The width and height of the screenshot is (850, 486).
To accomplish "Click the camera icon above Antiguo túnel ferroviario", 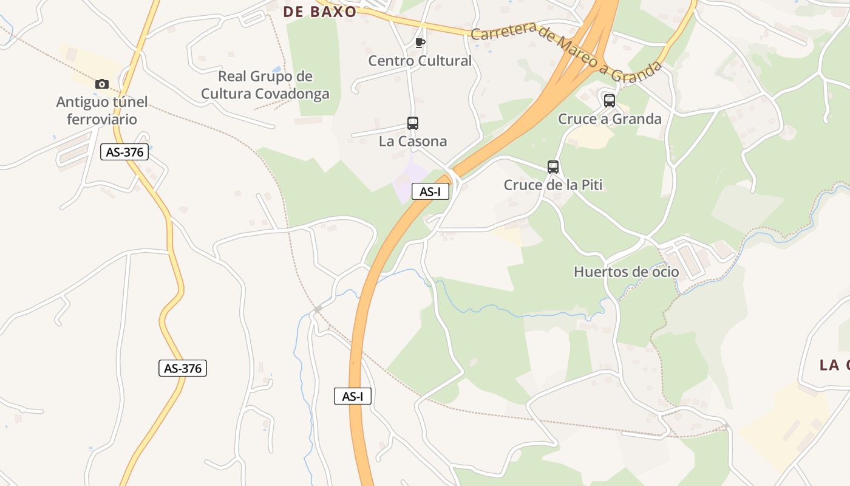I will pos(102,84).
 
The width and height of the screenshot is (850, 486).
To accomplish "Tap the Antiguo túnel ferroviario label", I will pos(102,111).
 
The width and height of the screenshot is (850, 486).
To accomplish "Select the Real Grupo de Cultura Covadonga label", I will pos(265,85).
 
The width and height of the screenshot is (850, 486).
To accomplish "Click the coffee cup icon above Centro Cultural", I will pos(420,43).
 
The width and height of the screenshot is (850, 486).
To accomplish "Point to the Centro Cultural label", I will pos(420,61).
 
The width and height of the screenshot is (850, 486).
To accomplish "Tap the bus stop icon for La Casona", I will pos(413,123).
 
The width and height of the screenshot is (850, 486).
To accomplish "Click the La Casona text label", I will pos(413,142).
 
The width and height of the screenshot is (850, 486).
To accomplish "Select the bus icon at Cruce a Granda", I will pos(610,101).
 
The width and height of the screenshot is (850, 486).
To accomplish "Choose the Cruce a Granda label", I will pos(610,118).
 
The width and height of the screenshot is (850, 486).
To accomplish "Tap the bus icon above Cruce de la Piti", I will pos(553,167).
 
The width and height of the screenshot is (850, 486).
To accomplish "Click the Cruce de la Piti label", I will pos(553,185).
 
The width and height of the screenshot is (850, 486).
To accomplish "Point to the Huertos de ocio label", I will pos(627,272).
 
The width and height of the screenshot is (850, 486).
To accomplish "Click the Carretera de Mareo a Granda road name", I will pos(566,52).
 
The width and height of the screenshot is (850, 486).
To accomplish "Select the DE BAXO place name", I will pos(320,12).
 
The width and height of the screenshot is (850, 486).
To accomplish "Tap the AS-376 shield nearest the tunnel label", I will pos(124,152).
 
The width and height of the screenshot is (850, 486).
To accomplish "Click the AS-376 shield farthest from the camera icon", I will pos(183,368).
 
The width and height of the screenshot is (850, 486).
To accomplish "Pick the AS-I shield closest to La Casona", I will pos(430,191).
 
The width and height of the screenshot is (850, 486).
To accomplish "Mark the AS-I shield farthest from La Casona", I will pos(353,396).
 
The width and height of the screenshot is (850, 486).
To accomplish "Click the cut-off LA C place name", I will pos(834,364).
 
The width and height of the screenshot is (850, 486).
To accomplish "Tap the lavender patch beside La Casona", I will pos(405,182).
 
